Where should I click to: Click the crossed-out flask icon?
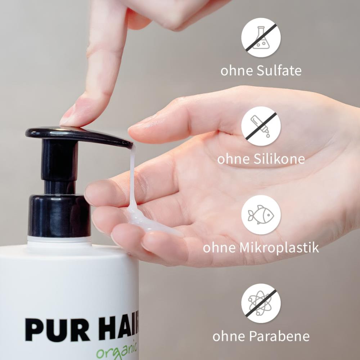(x=261, y=37)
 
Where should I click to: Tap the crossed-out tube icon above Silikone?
(x=261, y=126)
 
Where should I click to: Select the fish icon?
(x=261, y=215)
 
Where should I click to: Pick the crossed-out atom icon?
(x=261, y=303)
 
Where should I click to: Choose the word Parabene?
(x=279, y=336)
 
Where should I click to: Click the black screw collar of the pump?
(x=59, y=215)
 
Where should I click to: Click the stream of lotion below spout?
(x=132, y=176)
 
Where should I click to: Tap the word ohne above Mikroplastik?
(x=219, y=248)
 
